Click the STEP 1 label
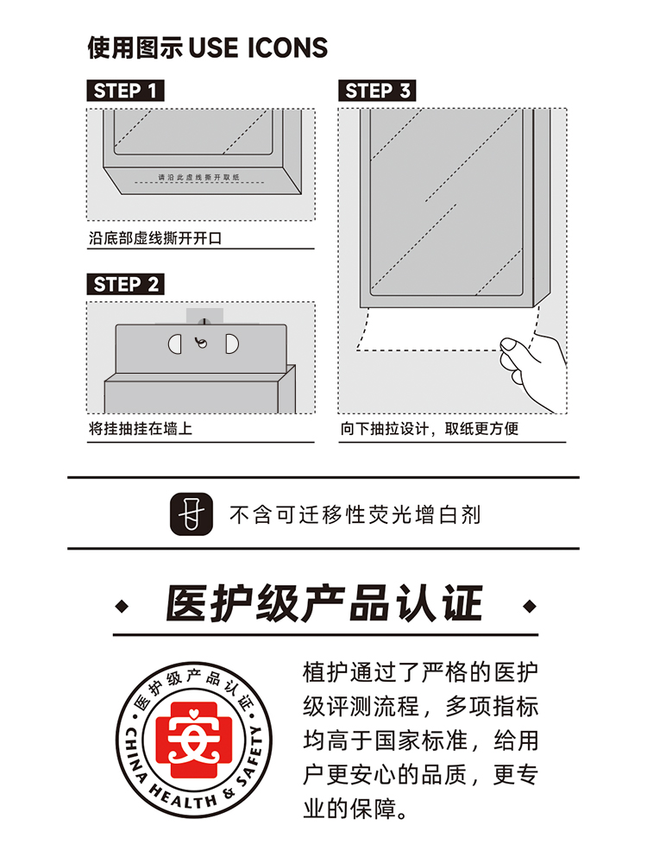tap(125, 91)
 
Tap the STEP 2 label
tap(125, 284)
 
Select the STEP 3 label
tap(377, 91)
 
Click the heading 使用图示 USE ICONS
tap(208, 47)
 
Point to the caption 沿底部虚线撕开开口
tap(155, 238)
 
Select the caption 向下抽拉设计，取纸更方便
tap(429, 429)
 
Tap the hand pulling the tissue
tap(535, 367)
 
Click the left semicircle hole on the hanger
tap(174, 343)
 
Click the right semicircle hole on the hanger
tap(230, 343)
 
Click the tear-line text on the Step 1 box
tap(198, 177)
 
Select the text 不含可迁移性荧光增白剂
tap(355, 516)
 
